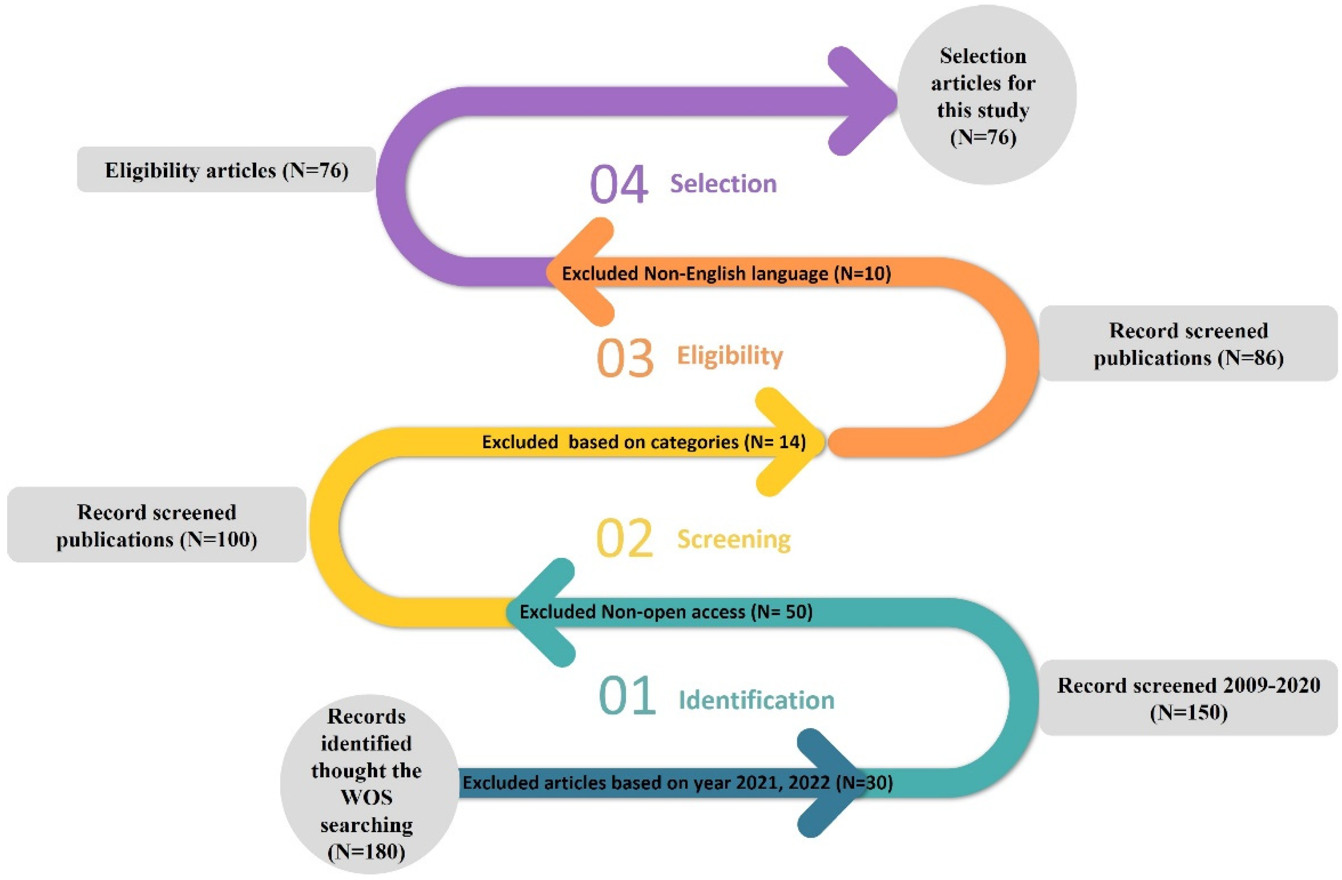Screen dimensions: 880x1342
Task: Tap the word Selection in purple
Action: click(723, 184)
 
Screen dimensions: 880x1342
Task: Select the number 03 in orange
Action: click(625, 358)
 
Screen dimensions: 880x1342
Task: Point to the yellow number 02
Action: click(624, 539)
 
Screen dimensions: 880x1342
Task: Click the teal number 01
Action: click(626, 696)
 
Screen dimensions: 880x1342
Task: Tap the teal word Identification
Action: click(756, 700)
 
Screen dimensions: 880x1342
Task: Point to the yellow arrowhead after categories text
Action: click(789, 442)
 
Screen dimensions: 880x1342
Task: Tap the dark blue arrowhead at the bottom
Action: click(829, 783)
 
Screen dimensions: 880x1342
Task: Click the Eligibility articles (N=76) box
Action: click(226, 170)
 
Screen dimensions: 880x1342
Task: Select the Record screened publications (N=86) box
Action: click(1188, 344)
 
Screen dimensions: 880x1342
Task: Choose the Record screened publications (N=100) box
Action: click(156, 525)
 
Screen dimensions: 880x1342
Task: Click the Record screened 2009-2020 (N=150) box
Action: click(1188, 698)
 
